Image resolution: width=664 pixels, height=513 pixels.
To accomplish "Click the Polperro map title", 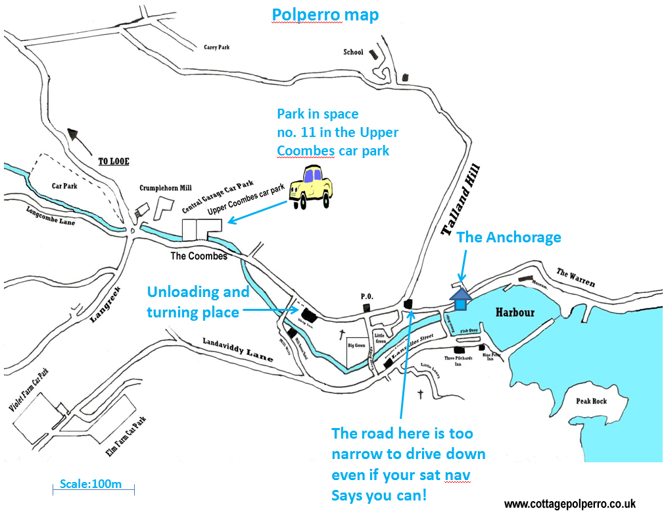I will pos(325,14).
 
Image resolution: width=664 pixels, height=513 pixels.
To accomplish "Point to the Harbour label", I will pos(515,312).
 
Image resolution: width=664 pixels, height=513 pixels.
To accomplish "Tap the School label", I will pos(353,52).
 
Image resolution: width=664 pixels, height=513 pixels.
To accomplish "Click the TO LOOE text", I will pos(112,161).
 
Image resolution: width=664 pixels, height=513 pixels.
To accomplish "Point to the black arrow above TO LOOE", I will pos(81,139).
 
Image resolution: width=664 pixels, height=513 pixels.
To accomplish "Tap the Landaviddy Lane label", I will pos(229,349).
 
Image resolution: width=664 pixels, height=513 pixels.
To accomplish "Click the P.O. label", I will pos(367,297).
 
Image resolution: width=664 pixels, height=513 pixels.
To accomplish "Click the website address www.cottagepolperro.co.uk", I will pos(570,504).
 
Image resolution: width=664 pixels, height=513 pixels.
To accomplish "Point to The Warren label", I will pos(575,278).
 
